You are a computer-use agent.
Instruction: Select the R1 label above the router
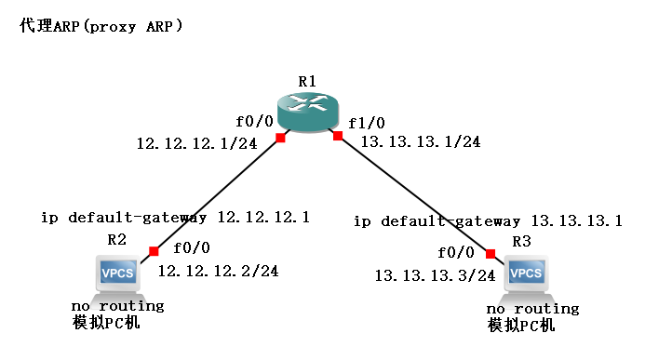[x=308, y=82]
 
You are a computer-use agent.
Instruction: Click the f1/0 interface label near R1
[x=366, y=123]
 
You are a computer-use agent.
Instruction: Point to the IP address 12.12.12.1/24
[x=196, y=143]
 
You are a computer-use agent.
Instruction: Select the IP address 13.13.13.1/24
[x=420, y=141]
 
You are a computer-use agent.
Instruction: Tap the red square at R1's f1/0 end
[x=338, y=137]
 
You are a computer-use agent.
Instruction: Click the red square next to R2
[x=154, y=250]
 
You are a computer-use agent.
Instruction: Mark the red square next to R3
[x=490, y=253]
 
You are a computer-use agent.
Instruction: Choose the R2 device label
[x=116, y=239]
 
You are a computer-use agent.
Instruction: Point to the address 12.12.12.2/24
[x=218, y=271]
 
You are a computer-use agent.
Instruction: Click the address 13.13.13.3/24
[x=435, y=275]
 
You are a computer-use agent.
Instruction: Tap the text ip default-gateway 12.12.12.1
[x=175, y=218]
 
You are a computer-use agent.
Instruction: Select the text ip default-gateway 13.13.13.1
[x=488, y=221]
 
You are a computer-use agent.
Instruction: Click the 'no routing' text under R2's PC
[x=117, y=305]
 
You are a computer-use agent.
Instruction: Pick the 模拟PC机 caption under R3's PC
[x=520, y=326]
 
